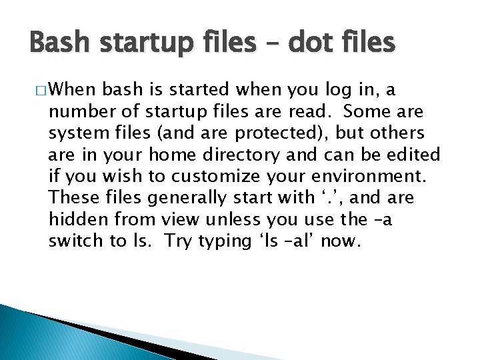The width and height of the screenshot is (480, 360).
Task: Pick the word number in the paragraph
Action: [x=75, y=112]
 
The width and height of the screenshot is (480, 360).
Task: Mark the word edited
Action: [x=413, y=155]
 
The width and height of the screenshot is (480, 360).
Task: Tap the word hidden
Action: [x=74, y=219]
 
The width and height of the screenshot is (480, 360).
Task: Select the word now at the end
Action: [x=341, y=241]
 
